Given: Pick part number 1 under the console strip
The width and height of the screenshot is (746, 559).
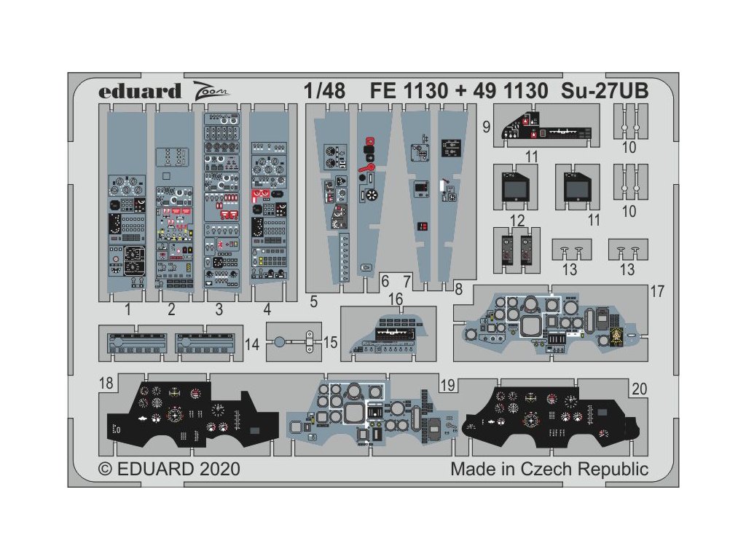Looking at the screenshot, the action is [127, 310].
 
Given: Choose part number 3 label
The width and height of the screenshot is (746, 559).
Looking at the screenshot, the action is [219, 310].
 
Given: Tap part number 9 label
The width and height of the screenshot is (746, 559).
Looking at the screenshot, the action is [485, 126].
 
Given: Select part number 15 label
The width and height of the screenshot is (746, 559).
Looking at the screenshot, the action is [330, 342].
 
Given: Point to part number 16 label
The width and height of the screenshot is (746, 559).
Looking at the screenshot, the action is [395, 300].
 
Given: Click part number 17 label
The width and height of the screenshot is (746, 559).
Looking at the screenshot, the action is [657, 292].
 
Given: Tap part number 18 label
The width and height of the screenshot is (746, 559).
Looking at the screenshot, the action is [107, 384].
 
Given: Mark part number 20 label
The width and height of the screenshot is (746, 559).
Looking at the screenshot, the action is [640, 389].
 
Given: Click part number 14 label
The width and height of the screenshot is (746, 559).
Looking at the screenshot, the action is [252, 342].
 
